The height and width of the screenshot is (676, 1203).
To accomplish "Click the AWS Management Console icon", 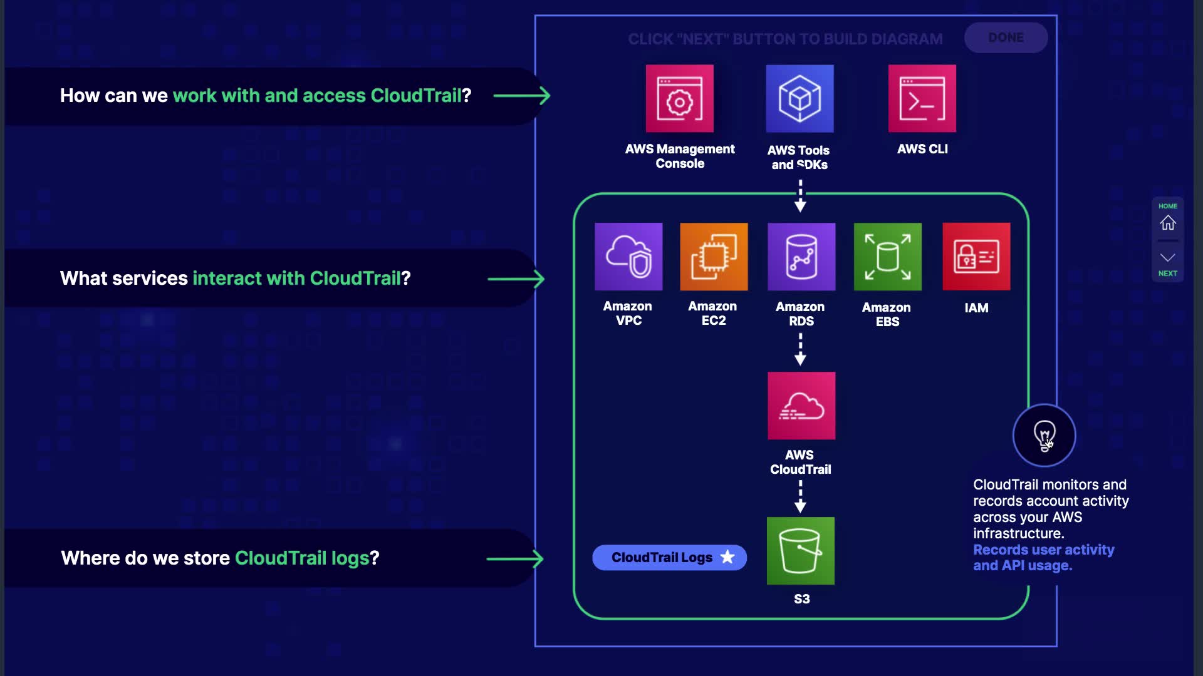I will tap(680, 99).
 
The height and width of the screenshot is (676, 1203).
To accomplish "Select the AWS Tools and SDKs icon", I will tap(799, 99).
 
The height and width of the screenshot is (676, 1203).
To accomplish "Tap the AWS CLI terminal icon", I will tap(922, 99).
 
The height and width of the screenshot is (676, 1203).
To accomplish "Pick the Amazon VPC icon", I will tap(628, 257).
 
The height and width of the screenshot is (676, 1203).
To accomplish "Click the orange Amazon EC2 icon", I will tap(714, 257).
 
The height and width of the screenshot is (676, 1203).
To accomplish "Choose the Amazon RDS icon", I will tap(801, 257).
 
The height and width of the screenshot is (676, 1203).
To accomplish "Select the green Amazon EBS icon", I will tap(887, 257).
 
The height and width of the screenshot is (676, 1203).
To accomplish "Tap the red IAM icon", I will tap(976, 257).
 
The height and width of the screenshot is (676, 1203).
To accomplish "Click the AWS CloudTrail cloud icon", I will tap(801, 406).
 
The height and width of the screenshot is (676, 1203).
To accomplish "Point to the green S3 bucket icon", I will tap(801, 551).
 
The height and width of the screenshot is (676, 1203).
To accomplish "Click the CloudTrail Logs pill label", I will tap(662, 558).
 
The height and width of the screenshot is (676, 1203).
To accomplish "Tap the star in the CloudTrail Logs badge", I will tap(727, 557).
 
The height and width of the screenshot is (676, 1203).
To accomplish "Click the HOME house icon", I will tap(1167, 223).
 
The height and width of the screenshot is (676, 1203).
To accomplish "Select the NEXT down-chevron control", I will tap(1167, 258).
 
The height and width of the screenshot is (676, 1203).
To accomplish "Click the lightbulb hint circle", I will tap(1044, 435).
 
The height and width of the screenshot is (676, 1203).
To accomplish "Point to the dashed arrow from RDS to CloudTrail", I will tap(800, 349).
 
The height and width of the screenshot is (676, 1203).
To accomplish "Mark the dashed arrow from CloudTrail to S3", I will tap(800, 496).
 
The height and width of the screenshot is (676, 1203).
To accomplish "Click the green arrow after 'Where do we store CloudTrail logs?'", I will tap(515, 558).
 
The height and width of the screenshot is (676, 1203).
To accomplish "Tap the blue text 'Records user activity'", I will tap(1043, 550).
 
